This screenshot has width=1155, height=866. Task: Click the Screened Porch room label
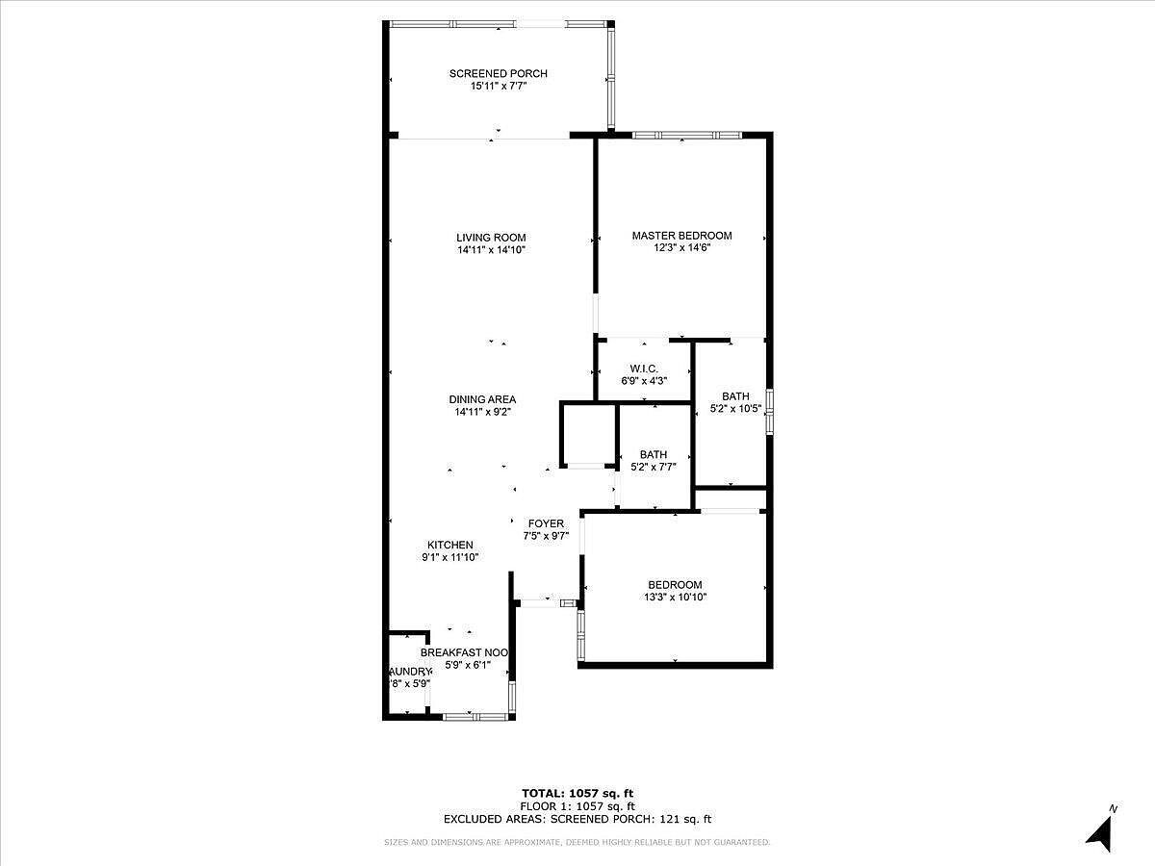pos(498,74)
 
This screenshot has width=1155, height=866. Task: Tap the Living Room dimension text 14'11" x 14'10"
pos(491,250)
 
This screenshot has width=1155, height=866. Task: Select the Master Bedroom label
pos(681,236)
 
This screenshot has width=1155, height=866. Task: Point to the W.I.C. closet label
pos(644,369)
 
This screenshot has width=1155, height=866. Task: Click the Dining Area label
pos(482,399)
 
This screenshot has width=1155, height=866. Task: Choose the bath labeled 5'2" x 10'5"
pos(735,402)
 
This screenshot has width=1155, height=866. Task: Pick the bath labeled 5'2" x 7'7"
pos(653,461)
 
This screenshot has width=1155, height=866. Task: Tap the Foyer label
pos(546,524)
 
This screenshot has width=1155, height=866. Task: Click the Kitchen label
pos(450,545)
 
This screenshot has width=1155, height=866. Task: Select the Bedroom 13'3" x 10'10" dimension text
pos(675,598)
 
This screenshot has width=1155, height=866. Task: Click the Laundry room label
pos(409,672)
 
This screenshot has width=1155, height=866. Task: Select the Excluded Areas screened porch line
pos(577,820)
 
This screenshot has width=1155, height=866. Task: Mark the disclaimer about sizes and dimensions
pos(577,843)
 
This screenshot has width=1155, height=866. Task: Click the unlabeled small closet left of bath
pos(588,435)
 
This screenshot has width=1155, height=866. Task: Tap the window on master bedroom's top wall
pos(686,135)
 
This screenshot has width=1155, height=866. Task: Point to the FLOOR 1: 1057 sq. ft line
pos(577,806)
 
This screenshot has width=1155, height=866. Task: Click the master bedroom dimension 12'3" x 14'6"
pos(681,248)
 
